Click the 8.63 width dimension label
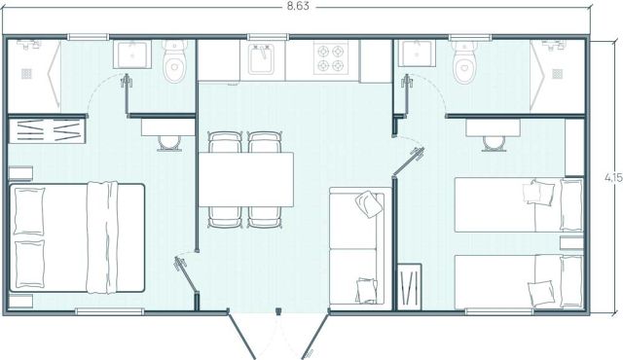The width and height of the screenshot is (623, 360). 298,7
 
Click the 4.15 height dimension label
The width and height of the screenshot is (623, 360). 614,177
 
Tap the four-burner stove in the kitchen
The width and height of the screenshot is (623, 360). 331,58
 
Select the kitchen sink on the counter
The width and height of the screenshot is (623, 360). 261,58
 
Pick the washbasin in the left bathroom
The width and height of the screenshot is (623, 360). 132,54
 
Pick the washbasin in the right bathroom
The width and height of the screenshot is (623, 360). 417,54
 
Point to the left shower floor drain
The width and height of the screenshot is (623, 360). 26,74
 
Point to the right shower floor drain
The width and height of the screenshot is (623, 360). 557,74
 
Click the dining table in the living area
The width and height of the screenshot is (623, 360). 246,179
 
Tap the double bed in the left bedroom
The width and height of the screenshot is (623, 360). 76,237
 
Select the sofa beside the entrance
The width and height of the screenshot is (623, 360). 357,246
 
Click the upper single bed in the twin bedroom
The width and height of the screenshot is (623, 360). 519,204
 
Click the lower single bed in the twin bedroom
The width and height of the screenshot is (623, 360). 519,282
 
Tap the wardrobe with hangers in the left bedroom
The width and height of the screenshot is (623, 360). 47,130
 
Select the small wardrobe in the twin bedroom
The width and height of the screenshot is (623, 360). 409,287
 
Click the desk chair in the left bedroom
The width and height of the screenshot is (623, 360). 169,143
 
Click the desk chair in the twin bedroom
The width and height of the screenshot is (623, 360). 494,143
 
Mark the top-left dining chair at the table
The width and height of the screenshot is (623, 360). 225,142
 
